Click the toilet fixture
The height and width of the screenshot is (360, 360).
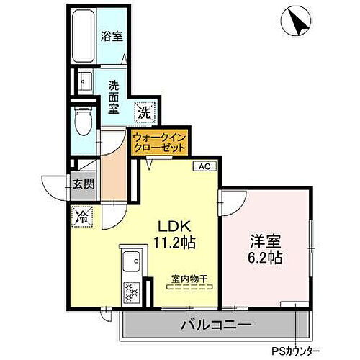84,118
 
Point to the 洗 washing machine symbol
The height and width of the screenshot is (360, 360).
145,112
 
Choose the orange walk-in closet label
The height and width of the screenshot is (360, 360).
158,141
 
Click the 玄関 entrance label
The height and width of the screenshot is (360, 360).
83,184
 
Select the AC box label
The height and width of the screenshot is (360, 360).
204,166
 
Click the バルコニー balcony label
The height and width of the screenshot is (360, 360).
216,325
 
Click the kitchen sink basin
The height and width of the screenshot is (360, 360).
131,260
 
